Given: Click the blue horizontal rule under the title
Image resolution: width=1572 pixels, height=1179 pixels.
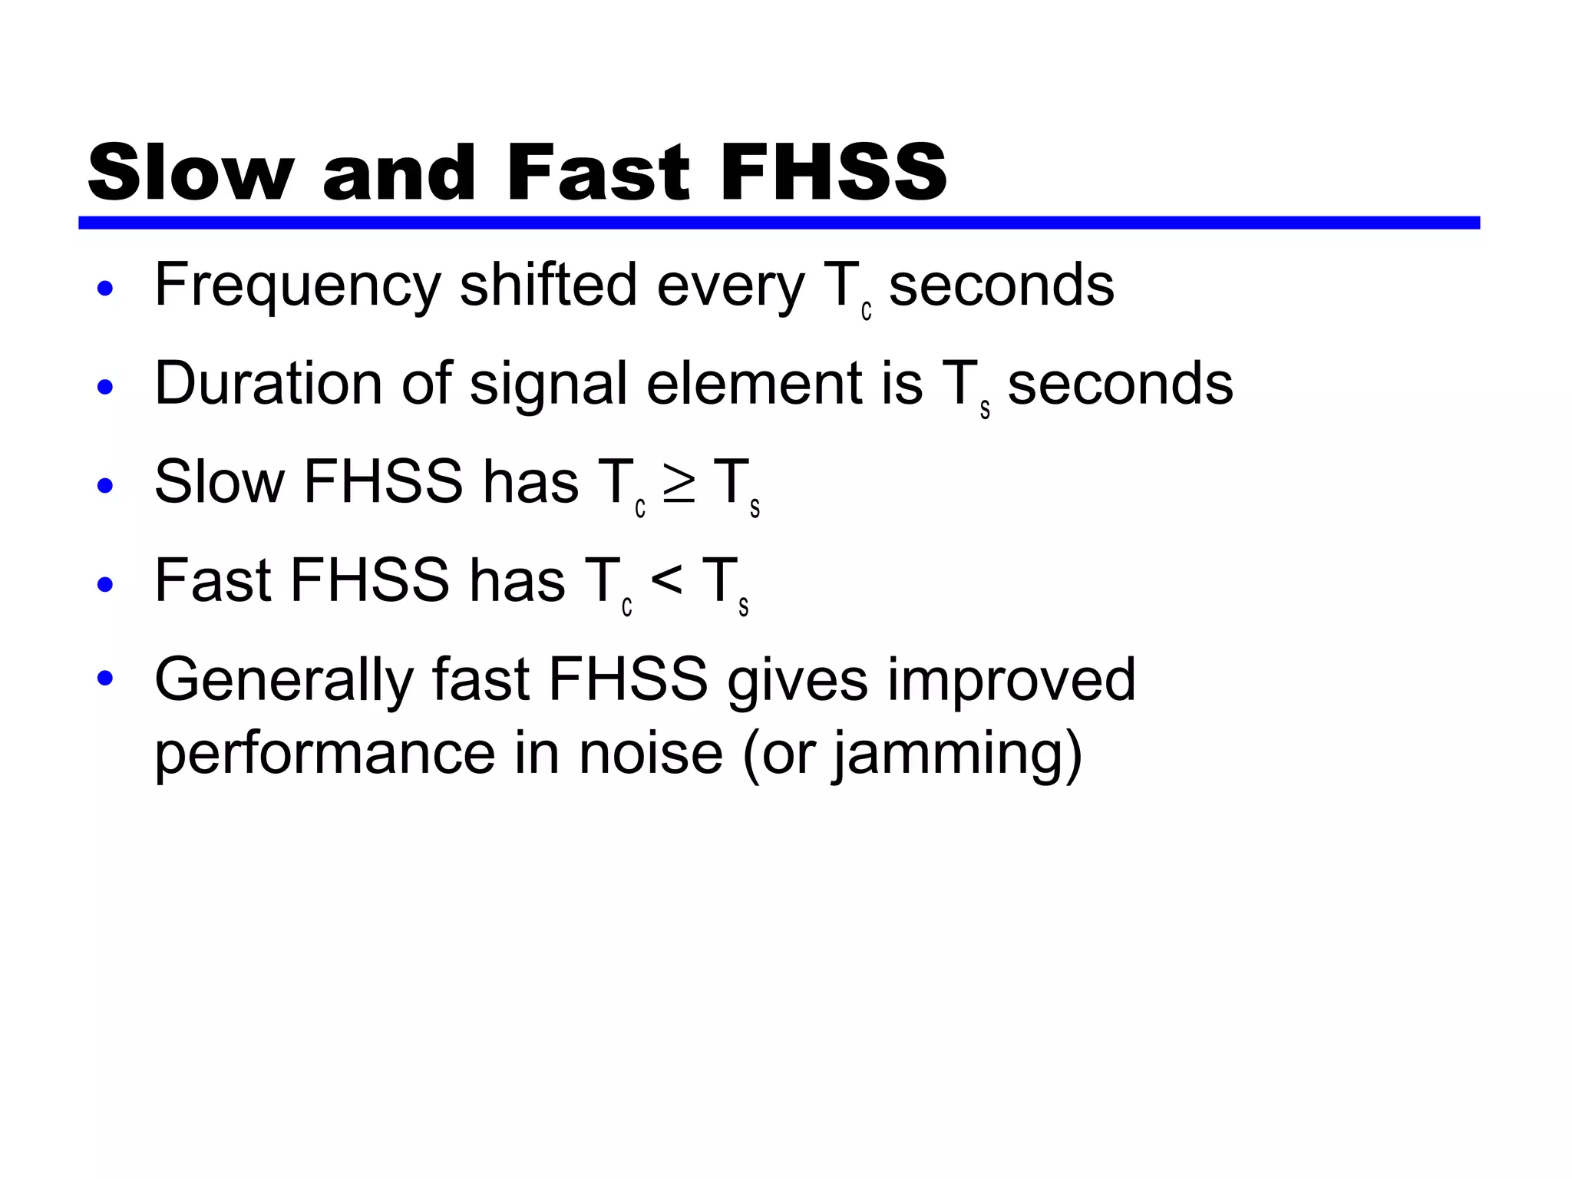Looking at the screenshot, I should pos(778,223).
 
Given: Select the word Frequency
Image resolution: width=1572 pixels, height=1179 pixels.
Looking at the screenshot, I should pos(298,286).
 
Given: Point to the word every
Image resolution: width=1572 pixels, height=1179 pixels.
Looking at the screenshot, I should pos(730,286).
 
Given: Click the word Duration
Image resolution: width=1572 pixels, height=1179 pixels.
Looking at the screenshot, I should pos(268,383).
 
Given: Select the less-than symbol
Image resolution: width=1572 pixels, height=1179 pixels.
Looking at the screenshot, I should pos(666,582).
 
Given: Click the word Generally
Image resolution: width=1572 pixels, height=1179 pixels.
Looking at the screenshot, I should pos(283,680).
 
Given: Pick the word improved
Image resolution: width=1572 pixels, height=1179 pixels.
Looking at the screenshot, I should pos(1011,680).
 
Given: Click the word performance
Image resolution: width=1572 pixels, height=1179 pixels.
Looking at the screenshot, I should pos(325,753).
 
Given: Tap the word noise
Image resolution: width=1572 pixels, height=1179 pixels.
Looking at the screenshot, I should pos(650,753).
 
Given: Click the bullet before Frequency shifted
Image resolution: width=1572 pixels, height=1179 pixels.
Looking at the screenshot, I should pos(106,289).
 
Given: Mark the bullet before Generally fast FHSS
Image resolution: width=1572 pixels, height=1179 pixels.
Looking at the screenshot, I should pos(106,679).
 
